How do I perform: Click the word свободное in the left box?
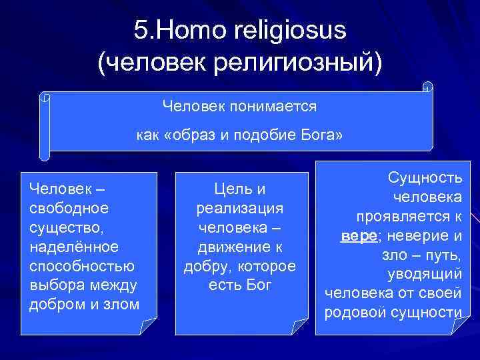pyautogui.click(x=69, y=208)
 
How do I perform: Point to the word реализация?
pyautogui.click(x=240, y=209)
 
